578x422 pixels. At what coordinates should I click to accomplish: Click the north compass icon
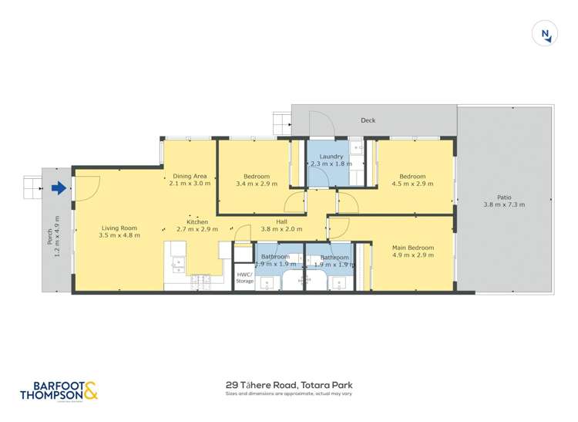click(546, 33)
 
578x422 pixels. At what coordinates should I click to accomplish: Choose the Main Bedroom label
click(413, 248)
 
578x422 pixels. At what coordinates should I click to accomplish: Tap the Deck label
click(368, 120)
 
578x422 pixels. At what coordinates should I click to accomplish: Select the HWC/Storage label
click(244, 278)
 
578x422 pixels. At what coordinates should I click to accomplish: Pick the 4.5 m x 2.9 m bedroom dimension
click(413, 184)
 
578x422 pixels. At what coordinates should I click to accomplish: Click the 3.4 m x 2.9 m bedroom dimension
click(257, 184)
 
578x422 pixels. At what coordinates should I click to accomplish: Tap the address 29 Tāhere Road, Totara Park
click(289, 383)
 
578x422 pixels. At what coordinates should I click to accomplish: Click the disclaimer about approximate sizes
click(289, 394)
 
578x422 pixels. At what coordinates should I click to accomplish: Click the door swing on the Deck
click(320, 120)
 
